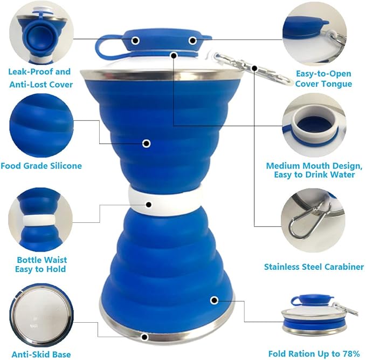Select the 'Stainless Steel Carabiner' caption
(x=314, y=267)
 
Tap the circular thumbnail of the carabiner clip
(x=313, y=219)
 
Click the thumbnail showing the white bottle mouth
(x=313, y=125)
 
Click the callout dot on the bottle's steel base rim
(x=144, y=337)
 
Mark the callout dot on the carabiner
(x=254, y=67)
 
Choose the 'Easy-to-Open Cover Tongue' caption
(x=323, y=78)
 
